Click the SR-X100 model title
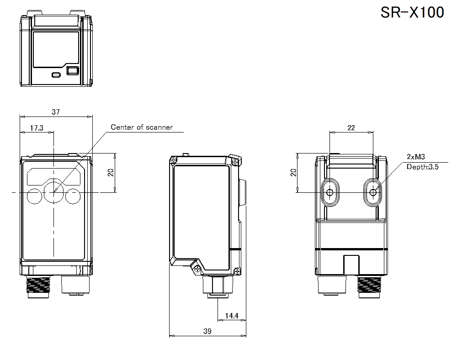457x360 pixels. pos(412,12)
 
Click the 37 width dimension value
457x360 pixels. pos(55,112)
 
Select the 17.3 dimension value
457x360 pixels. pos(37,128)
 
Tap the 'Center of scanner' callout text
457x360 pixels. pos(142,127)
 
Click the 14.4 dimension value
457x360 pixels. pos(232,316)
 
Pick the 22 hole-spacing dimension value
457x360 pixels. pos(351,128)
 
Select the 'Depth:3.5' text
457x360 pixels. pos(423,167)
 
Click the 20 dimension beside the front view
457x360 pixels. pos(110,172)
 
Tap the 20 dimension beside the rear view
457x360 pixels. pos(293,172)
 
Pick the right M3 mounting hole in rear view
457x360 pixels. pos(373,192)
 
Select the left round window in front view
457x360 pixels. pos(34,196)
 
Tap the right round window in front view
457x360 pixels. pos(73,196)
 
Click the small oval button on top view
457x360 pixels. pos(56,74)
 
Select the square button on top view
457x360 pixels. pos(72,71)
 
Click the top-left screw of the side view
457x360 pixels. pos(174,160)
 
